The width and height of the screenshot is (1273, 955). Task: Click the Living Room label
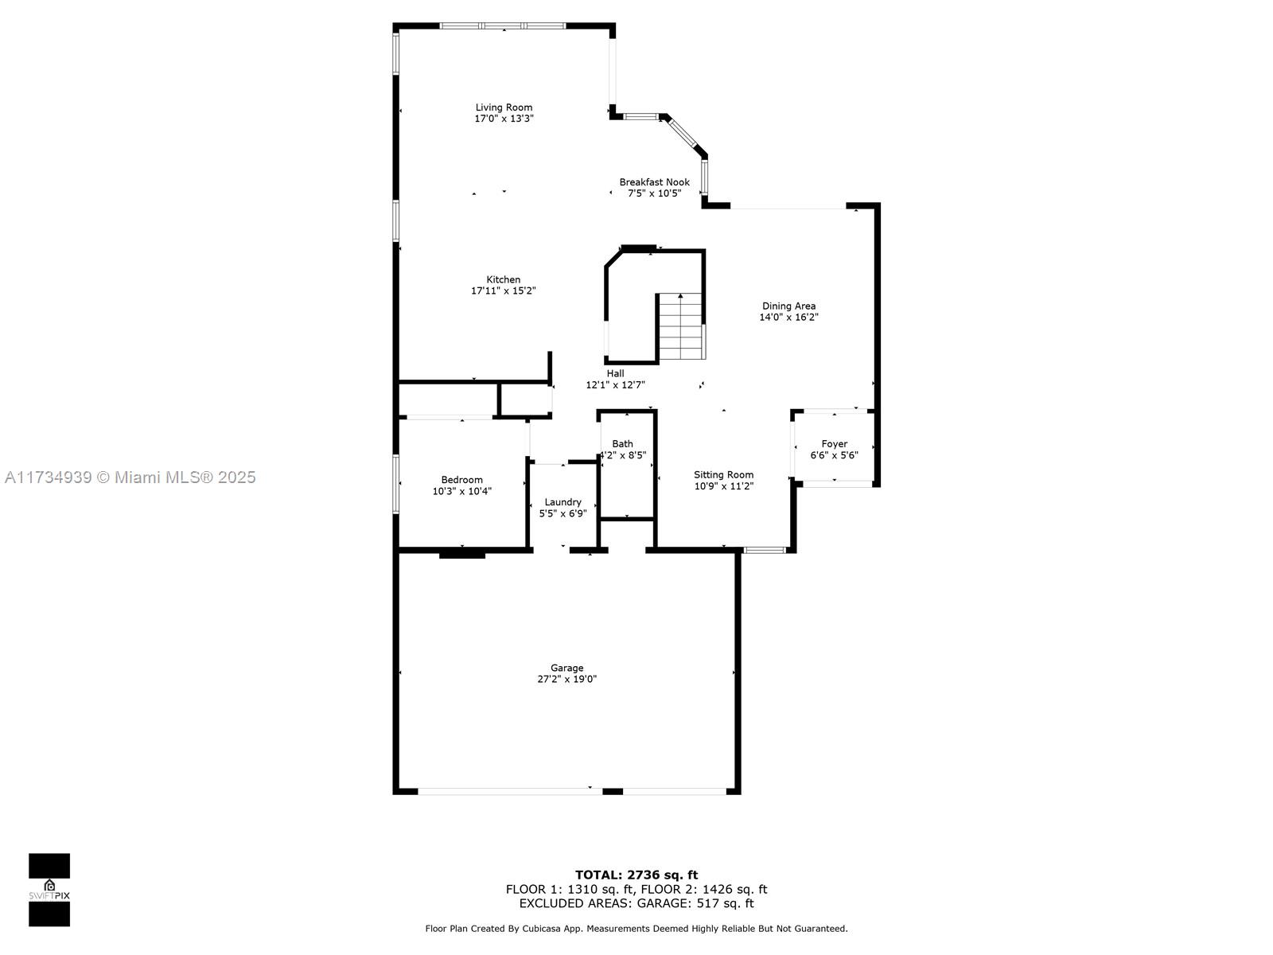tap(504, 107)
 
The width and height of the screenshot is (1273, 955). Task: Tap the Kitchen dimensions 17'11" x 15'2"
tap(503, 290)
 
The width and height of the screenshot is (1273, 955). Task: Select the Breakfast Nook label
tap(654, 182)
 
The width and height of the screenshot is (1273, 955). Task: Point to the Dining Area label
tap(788, 306)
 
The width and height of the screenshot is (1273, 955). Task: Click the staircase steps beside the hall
tap(681, 327)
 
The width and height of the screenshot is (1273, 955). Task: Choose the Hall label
tap(615, 373)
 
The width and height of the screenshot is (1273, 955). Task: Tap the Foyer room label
tap(834, 443)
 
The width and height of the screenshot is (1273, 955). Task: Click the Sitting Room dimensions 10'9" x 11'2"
tap(724, 486)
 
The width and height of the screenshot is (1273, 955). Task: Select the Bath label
tap(622, 443)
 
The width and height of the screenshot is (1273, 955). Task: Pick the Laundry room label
tap(563, 502)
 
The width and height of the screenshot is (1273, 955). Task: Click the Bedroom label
tap(461, 480)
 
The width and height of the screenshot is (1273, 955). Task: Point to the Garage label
tap(566, 668)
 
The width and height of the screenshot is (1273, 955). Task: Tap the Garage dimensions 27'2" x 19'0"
tap(566, 679)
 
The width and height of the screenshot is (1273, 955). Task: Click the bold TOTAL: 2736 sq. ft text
tap(636, 875)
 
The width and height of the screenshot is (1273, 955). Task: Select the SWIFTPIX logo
tap(49, 890)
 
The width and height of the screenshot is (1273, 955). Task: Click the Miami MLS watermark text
tap(130, 477)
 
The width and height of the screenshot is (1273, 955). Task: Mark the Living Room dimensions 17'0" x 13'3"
tap(504, 119)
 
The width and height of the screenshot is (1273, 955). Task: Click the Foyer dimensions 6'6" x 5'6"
tap(834, 455)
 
